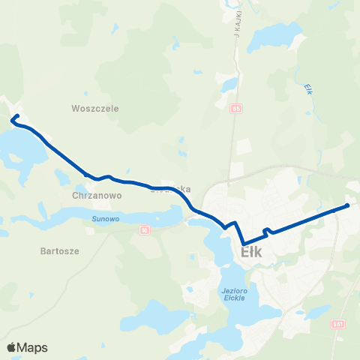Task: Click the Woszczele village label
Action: pos(95,108)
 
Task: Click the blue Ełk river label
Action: pos(308,88)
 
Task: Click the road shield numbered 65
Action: pos(238,109)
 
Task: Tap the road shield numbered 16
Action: pos(145,229)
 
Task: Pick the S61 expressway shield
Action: pos(338,322)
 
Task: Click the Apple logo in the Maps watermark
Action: pos(11,347)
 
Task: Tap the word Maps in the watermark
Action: pos(32,347)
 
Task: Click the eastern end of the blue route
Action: pos(348,205)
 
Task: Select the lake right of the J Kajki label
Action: pos(277,34)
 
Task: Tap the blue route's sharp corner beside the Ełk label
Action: pos(243,241)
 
